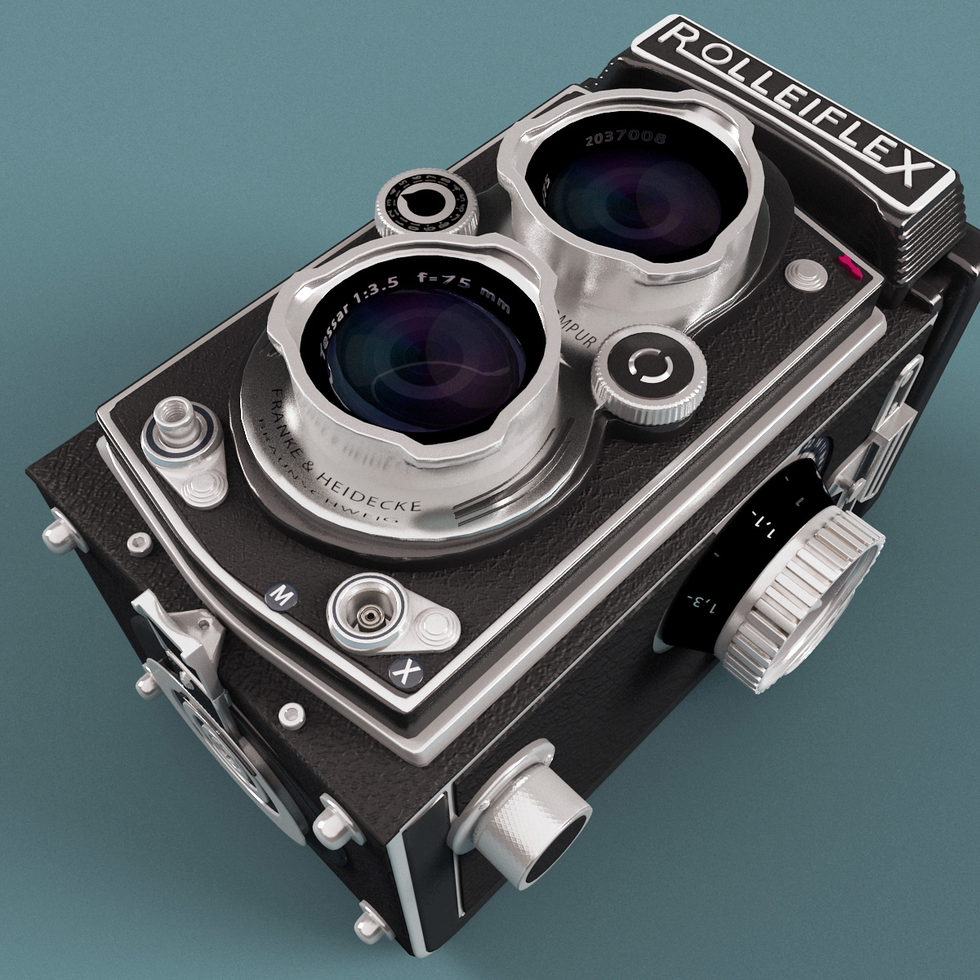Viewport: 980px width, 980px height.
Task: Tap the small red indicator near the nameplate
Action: (x=846, y=262)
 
